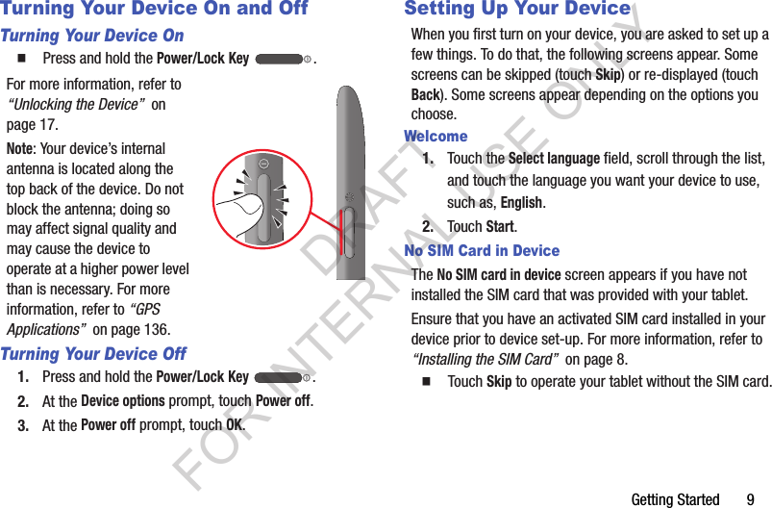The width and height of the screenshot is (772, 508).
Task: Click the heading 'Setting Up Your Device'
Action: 517,10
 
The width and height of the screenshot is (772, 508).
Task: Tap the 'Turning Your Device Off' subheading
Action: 93,353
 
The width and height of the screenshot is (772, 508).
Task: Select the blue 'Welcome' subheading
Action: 436,137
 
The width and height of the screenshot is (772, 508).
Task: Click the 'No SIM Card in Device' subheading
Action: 482,251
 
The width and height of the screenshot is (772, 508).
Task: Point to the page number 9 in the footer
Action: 750,499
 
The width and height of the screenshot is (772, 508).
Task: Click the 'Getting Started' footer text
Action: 675,499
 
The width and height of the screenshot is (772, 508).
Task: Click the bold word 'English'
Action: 522,203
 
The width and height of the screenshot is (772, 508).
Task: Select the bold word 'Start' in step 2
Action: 500,227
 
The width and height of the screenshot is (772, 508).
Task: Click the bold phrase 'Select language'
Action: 554,159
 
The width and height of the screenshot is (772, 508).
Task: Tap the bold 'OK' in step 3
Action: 234,425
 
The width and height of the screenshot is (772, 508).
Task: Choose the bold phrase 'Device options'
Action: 123,400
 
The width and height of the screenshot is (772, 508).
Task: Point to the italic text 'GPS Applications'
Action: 82,319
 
